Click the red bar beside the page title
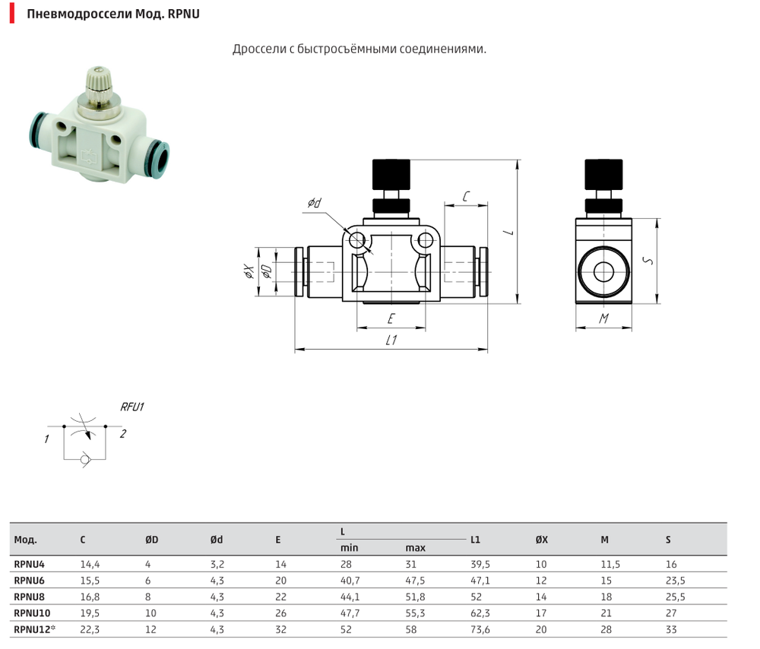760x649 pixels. [12, 14]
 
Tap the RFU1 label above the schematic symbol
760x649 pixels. [131, 407]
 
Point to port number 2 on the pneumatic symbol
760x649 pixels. [123, 433]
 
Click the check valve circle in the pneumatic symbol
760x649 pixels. [85, 459]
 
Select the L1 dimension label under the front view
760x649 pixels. [391, 340]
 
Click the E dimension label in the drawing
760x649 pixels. [391, 318]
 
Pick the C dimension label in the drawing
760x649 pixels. [466, 196]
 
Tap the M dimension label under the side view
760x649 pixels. [603, 318]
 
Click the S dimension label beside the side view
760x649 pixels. [648, 261]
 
